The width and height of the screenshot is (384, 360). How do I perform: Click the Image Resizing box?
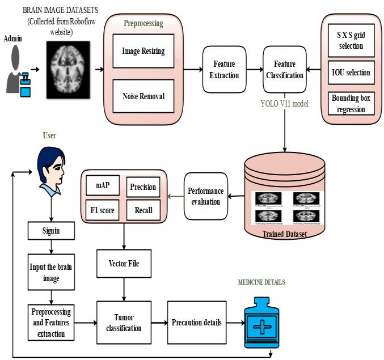point(144,51)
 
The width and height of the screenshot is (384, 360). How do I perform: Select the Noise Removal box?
point(144,96)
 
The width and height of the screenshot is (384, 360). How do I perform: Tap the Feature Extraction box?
point(224,69)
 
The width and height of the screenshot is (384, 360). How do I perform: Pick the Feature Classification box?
point(284,69)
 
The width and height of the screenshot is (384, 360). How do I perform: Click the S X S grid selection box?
point(349,41)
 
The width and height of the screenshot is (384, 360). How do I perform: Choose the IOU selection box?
point(349,73)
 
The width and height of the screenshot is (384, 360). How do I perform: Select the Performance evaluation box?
point(205,197)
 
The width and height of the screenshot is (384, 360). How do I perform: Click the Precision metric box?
point(142,187)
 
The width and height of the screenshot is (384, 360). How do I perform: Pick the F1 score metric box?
point(102,210)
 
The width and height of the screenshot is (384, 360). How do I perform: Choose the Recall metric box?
point(142,210)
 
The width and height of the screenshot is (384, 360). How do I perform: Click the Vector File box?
point(124,264)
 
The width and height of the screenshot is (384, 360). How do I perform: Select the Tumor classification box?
point(124,323)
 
